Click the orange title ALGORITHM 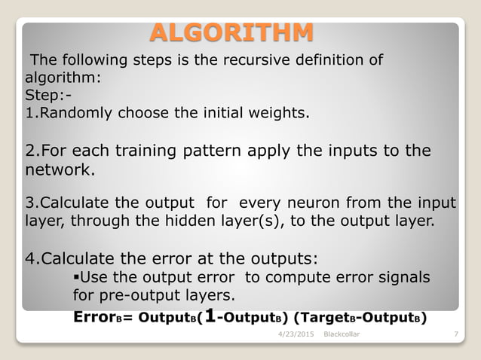[x=231, y=33]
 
